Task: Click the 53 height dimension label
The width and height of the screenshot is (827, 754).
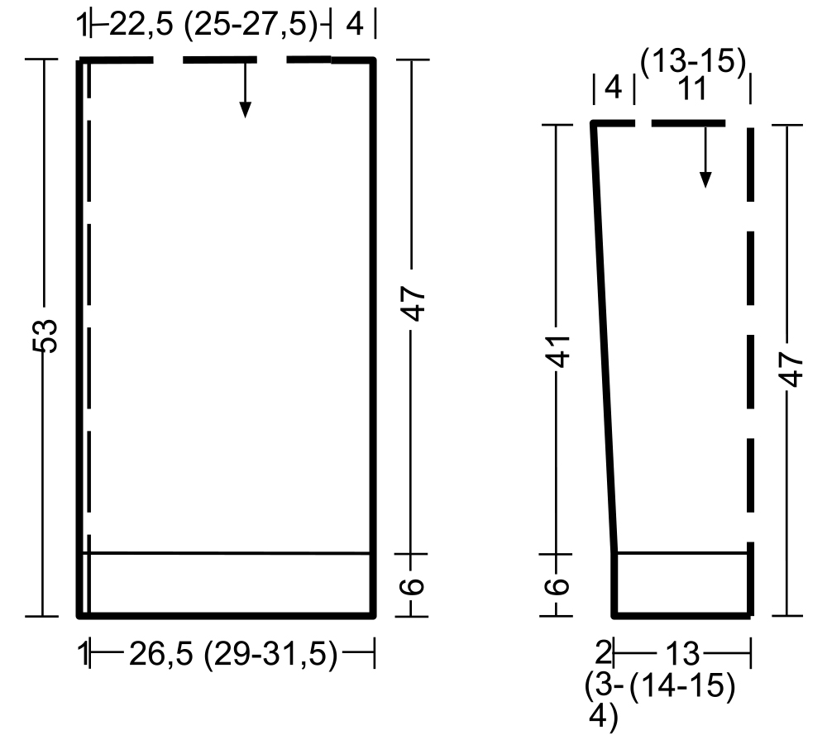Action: coord(45,336)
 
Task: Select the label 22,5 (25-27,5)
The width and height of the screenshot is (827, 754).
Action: coord(213,25)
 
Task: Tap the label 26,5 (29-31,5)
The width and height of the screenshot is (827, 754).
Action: coord(233,654)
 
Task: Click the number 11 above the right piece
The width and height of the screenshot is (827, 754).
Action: coord(691,88)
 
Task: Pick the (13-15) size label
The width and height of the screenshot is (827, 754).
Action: coord(693,62)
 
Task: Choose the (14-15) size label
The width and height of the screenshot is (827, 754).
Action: coord(682,686)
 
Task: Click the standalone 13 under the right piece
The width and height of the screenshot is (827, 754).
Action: coord(682,654)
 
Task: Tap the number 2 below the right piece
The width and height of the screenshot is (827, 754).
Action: coord(603,653)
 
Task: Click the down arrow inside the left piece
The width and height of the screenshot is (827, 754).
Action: coord(245,88)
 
